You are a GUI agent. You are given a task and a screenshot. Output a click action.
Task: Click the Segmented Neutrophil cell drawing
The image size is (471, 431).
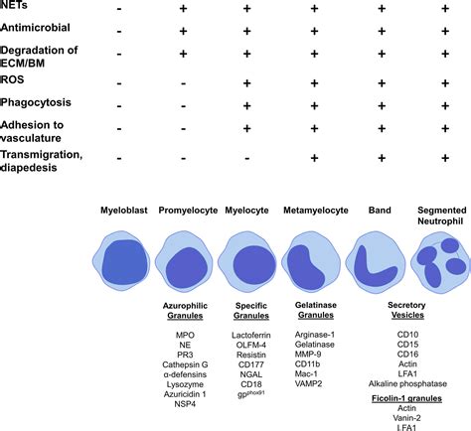click(x=441, y=260)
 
